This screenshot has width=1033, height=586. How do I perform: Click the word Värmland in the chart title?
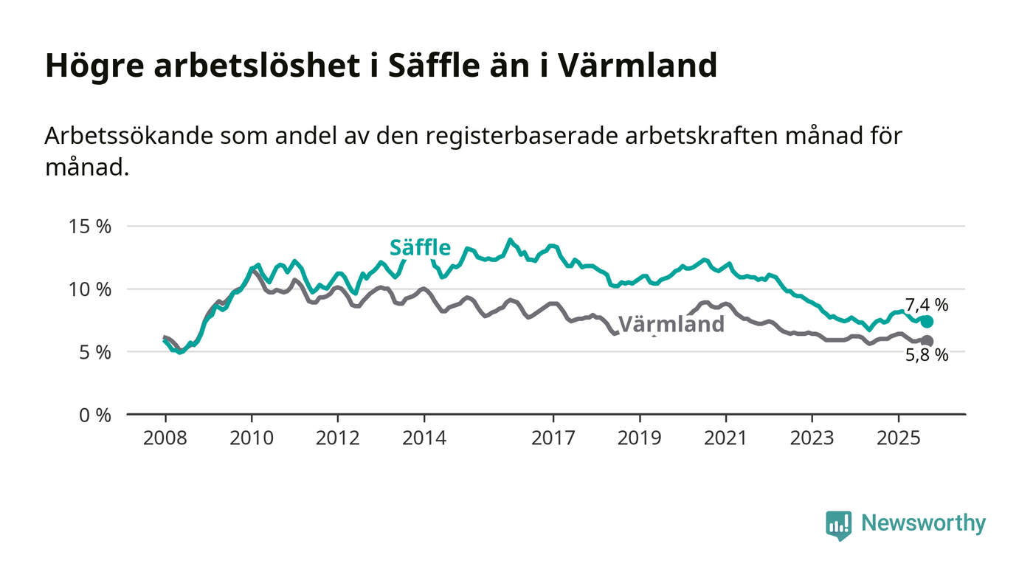click(x=637, y=66)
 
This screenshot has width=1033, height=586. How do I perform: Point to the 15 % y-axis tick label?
click(x=89, y=227)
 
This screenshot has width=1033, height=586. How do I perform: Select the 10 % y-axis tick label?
click(x=89, y=289)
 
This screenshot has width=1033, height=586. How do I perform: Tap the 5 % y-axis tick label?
click(x=94, y=352)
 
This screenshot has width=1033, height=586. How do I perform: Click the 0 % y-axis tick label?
click(x=94, y=415)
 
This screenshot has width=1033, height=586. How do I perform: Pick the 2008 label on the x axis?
click(x=165, y=438)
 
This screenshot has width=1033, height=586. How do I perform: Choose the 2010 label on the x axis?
click(x=252, y=438)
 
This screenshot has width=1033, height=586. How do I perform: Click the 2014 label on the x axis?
click(x=424, y=438)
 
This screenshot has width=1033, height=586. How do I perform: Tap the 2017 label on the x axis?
click(x=553, y=438)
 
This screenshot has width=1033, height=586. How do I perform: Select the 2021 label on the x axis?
click(x=726, y=438)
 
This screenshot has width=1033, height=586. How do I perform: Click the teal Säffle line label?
click(x=420, y=247)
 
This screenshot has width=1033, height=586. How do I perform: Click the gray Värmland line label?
click(x=671, y=325)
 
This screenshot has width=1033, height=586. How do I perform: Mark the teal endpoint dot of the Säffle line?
click(x=927, y=322)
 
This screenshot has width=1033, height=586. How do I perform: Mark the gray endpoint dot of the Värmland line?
click(x=927, y=341)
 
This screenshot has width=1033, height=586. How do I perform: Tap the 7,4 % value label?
click(x=927, y=305)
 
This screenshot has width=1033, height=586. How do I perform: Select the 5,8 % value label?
click(x=927, y=356)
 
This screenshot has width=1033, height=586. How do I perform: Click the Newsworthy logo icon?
click(x=838, y=525)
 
